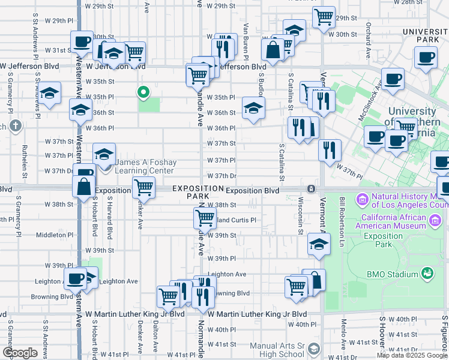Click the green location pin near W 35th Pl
click(x=143, y=92)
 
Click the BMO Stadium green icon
click(x=427, y=274)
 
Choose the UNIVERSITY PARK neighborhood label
click(x=426, y=35)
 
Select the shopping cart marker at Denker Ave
click(x=143, y=188)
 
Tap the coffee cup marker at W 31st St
click(x=82, y=42)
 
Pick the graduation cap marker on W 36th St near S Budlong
click(x=253, y=109)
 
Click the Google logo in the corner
click(x=20, y=353)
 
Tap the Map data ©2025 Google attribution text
click(x=412, y=355)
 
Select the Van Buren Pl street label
click(x=246, y=37)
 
